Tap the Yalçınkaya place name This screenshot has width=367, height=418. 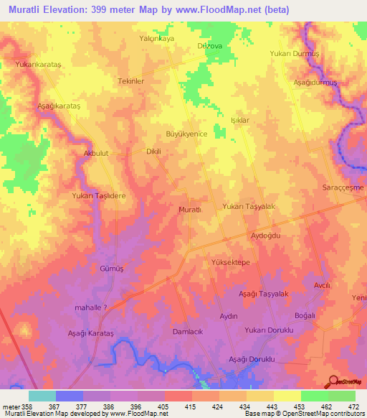156,40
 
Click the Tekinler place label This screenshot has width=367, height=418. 131,81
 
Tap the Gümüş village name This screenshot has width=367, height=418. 113,268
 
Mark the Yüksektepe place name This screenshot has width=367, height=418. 231,263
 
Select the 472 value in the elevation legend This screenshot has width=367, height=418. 354,407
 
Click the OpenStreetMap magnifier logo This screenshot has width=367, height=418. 333,381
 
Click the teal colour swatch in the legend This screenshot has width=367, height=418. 42,396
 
